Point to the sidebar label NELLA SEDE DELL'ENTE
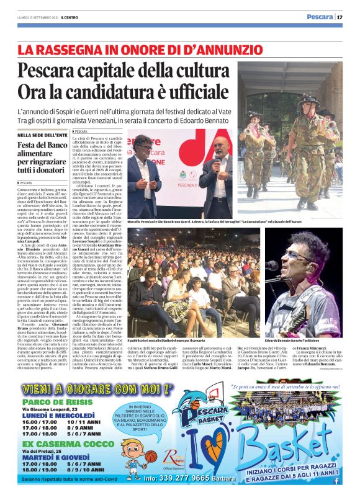click(42, 135)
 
